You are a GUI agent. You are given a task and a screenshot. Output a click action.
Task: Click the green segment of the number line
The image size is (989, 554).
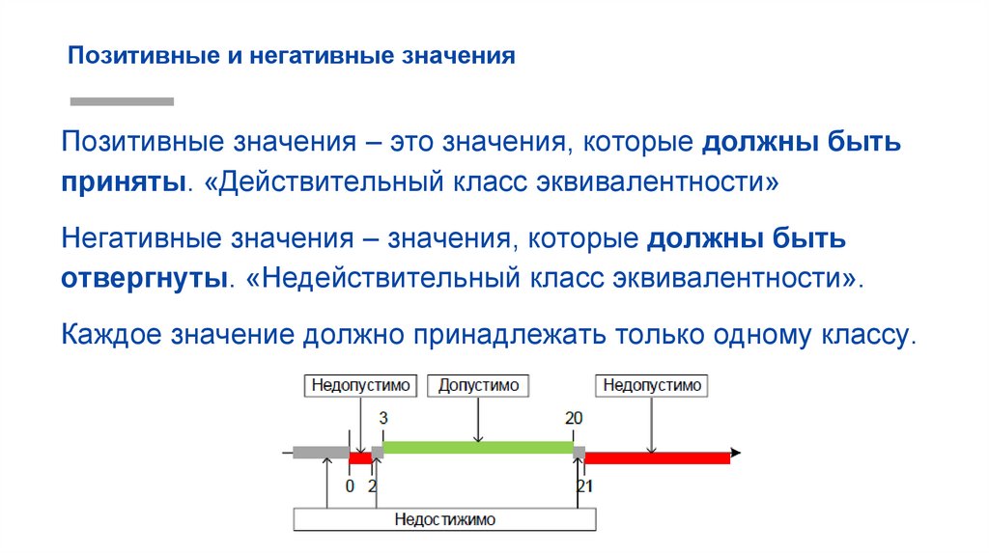point(478,448)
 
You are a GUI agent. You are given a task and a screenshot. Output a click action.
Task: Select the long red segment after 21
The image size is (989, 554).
point(657,457)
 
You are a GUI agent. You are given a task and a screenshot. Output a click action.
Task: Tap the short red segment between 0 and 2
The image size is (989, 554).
point(359,457)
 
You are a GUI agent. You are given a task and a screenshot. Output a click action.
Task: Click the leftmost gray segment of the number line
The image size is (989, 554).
point(321,452)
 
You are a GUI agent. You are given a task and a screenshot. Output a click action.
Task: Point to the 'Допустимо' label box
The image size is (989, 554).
point(478,386)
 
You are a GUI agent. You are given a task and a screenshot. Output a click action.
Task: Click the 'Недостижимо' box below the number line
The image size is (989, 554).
point(444,519)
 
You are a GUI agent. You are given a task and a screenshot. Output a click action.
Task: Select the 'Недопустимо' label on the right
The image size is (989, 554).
point(652,386)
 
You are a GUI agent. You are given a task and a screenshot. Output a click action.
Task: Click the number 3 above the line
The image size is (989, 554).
point(383,418)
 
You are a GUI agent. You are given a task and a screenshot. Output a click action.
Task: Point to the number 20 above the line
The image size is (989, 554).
point(574,418)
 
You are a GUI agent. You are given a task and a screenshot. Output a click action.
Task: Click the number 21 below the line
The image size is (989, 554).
point(584,486)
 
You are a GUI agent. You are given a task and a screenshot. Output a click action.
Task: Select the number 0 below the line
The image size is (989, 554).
point(350,486)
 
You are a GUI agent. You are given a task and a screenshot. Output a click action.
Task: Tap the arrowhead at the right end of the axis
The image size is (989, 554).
point(736,452)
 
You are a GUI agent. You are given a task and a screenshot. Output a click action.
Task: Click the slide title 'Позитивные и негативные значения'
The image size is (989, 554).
point(291,55)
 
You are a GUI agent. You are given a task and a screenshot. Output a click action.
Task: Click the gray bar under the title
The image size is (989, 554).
point(123,100)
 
